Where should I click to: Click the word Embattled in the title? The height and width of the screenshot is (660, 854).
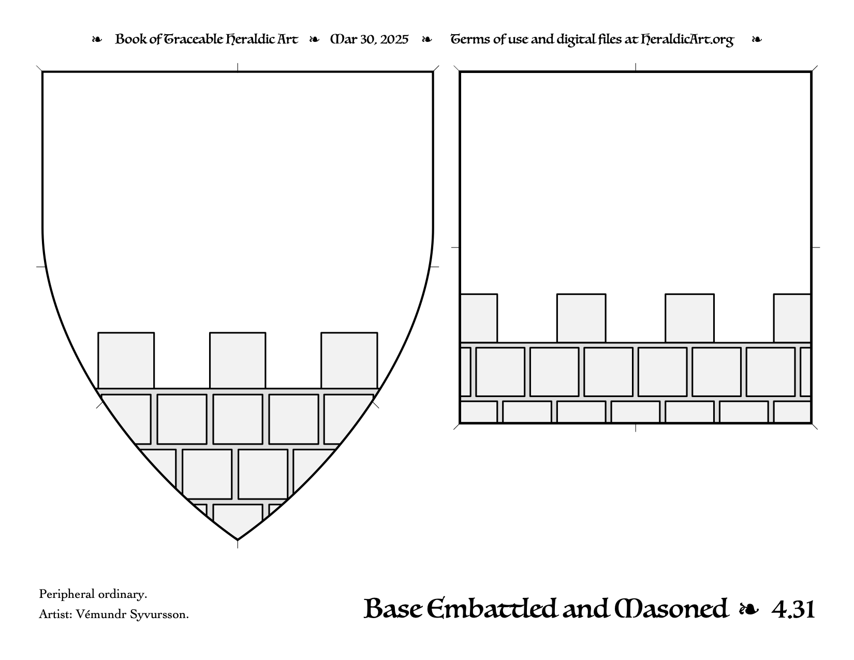492,609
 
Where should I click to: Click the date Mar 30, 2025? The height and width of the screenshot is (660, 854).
370,39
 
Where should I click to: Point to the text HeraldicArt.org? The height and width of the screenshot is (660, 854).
687,40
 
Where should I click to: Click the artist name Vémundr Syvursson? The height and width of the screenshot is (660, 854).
132,614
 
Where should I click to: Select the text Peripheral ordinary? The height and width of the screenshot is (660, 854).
93,594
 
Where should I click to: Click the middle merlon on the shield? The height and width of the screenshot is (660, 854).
238,360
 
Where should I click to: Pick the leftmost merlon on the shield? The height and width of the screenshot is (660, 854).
126,360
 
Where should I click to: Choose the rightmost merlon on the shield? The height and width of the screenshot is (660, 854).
349,360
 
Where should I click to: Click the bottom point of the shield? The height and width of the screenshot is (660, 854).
238,540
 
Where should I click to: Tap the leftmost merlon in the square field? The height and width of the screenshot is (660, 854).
479,318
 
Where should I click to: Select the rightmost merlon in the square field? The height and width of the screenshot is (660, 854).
792,318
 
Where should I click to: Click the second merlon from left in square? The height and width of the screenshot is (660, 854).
581,318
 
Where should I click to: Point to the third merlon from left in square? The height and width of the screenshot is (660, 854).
690,318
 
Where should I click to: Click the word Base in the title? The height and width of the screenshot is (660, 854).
393,609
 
